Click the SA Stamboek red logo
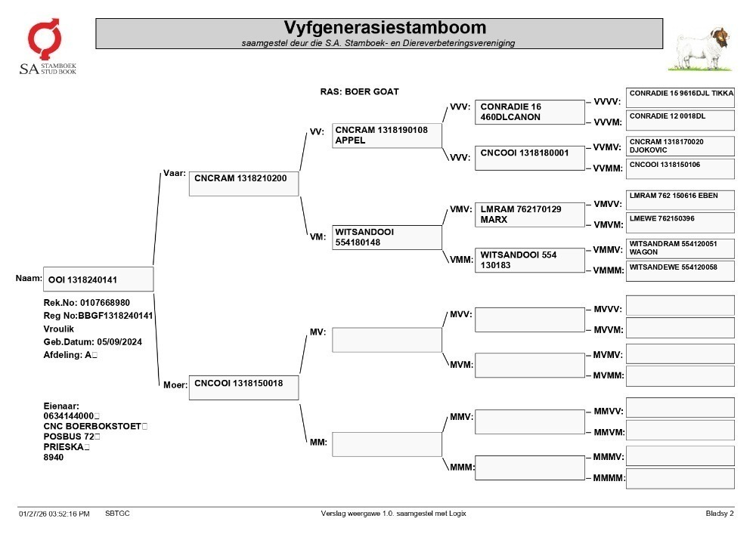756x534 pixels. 45,39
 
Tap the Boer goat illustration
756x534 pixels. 701,49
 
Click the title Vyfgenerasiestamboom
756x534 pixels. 385,27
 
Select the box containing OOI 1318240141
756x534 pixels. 98,279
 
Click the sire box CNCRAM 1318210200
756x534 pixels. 243,184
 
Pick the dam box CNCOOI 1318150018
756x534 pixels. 243,387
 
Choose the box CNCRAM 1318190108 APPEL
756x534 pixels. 386,136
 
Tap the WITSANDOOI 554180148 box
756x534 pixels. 386,237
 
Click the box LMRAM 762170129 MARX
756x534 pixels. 530,215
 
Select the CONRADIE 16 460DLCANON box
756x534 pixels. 530,113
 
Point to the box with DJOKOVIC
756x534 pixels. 680,146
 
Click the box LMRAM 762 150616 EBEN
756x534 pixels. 680,200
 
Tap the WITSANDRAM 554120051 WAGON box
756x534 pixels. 680,249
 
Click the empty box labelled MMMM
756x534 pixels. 680,479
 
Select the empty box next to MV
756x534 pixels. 386,340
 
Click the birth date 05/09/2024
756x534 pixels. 119,342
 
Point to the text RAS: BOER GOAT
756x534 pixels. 359,91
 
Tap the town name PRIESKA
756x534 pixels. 64,447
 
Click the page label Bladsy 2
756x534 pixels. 720,514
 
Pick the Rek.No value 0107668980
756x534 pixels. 104,303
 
